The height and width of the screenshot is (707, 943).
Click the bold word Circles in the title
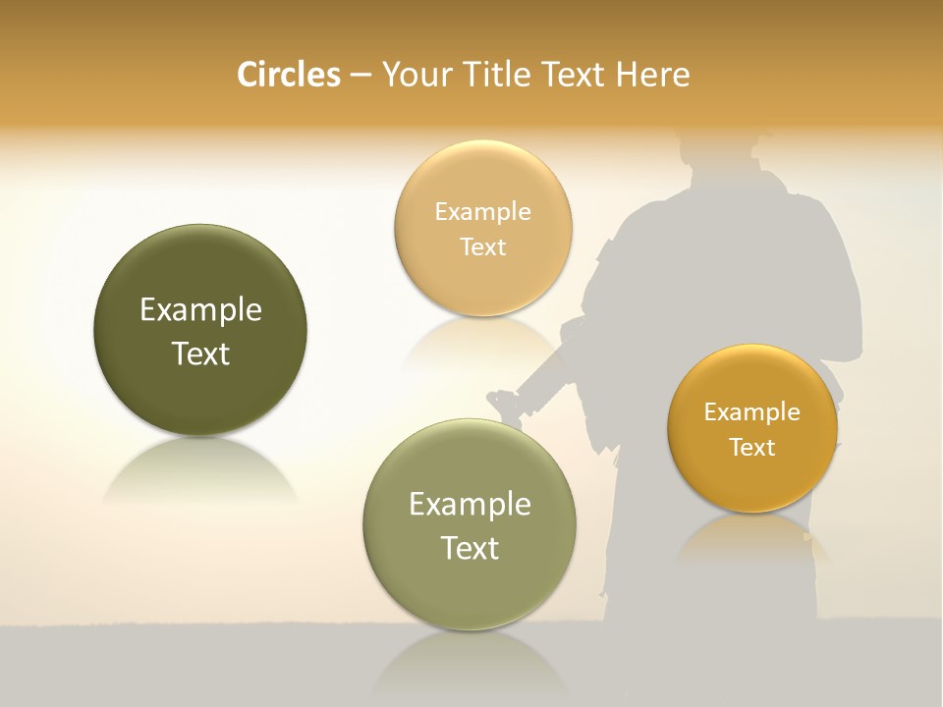288,75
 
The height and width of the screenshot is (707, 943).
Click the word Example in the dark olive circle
200,310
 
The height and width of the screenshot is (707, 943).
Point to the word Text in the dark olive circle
200,353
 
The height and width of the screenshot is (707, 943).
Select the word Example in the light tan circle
482,212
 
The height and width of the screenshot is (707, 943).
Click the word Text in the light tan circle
482,246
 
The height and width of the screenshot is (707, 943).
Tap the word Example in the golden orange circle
752,412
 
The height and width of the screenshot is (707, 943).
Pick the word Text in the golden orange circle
752,448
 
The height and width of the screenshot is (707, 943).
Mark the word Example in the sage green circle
470,505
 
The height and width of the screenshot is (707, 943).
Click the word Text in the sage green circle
470,548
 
